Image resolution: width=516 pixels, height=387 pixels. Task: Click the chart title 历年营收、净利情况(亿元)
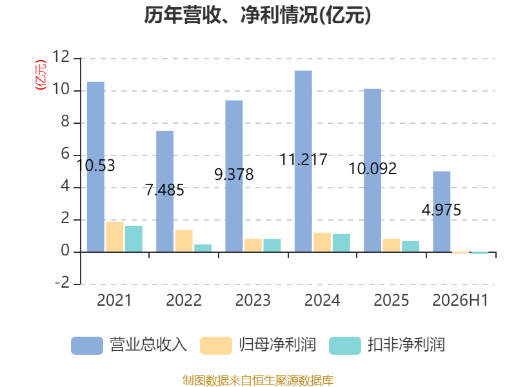point(257,15)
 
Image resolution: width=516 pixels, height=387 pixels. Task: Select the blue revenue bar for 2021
point(95,167)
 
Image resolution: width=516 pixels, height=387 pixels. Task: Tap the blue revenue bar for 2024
point(303,161)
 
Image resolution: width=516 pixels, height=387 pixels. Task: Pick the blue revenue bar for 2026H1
point(442,212)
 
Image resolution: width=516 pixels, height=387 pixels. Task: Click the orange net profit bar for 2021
point(115,237)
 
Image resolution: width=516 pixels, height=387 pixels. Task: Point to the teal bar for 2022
point(203,248)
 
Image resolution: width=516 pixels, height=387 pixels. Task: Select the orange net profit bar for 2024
point(322,243)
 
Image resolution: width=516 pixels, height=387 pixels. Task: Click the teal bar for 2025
point(410,246)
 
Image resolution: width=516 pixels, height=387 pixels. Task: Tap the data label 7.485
point(165,190)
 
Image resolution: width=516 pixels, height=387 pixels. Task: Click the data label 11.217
point(303,159)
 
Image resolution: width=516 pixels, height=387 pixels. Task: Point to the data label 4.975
point(441,210)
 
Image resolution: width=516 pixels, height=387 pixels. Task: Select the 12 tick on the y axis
point(61,57)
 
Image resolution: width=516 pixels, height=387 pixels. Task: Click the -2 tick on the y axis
point(63,283)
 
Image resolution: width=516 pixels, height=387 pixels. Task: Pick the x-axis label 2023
point(253,300)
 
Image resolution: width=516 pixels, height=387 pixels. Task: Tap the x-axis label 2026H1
point(460,300)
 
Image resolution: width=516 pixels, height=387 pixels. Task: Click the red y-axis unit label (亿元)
point(41,75)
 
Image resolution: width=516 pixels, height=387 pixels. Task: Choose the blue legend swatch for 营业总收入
point(87,346)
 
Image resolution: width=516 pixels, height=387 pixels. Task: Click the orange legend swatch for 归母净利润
point(216,346)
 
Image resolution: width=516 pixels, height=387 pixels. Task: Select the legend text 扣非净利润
point(406,345)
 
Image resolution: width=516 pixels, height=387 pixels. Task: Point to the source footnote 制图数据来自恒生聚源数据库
point(257,380)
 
